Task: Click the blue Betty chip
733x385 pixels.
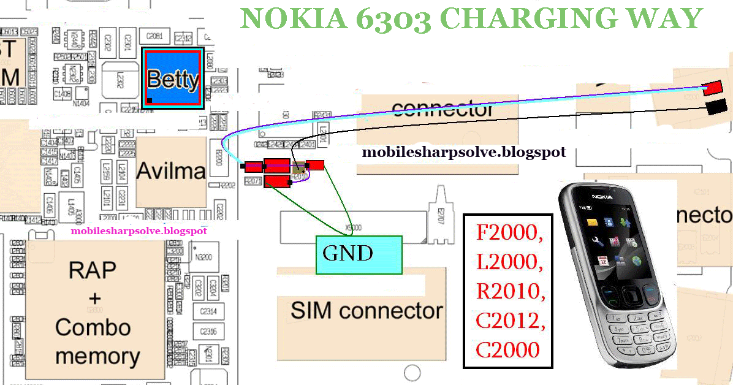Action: click(172, 78)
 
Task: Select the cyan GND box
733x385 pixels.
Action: click(359, 254)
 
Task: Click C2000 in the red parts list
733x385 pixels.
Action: click(508, 349)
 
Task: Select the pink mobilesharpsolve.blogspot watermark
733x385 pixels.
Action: click(139, 231)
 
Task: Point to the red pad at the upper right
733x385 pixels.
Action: click(712, 88)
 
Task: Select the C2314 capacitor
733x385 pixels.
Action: click(208, 312)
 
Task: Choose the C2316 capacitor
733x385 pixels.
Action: click(208, 332)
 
